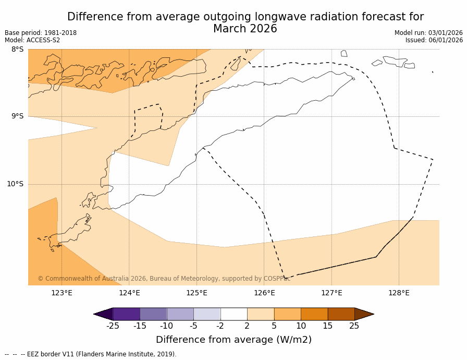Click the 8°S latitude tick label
click(x=17, y=50)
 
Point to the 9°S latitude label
click(x=17, y=116)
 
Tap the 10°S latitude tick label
click(x=15, y=184)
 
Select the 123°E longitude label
click(x=62, y=293)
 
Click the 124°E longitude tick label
click(x=129, y=293)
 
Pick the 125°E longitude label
click(x=196, y=293)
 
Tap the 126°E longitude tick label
click(x=264, y=293)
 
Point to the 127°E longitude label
click(x=331, y=293)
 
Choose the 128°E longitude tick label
click(x=399, y=293)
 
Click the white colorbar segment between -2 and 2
click(x=233, y=314)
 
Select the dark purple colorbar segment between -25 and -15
click(x=126, y=314)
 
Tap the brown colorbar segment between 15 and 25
click(x=341, y=314)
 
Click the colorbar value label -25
click(x=113, y=326)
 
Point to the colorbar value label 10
click(x=301, y=326)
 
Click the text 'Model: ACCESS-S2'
click(x=32, y=40)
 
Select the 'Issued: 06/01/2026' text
click(x=434, y=40)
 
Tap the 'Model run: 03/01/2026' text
click(x=428, y=33)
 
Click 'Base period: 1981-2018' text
click(x=41, y=33)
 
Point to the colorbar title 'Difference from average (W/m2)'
click(x=233, y=340)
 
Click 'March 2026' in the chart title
click(x=245, y=29)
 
